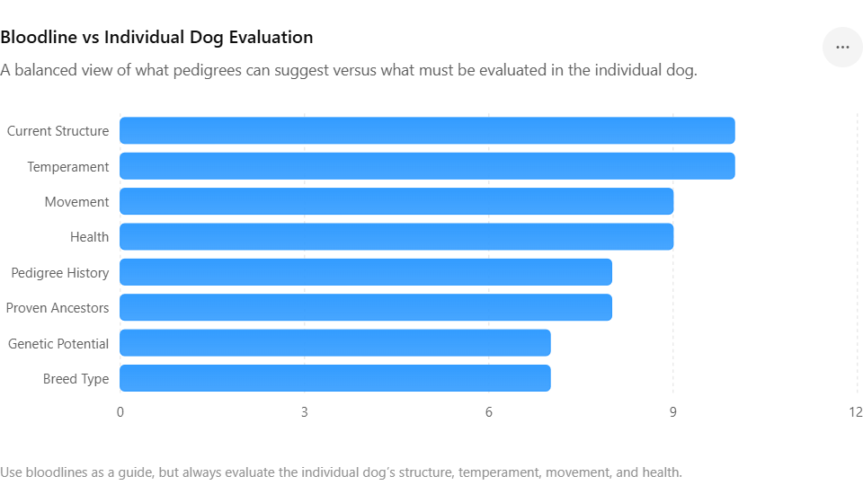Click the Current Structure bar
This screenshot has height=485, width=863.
click(x=427, y=130)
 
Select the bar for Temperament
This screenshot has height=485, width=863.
click(x=427, y=166)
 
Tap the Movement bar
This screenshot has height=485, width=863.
click(x=396, y=201)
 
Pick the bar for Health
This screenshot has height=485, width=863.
click(x=396, y=236)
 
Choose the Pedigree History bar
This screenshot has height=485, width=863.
click(x=366, y=272)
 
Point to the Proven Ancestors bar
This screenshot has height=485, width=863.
click(x=366, y=307)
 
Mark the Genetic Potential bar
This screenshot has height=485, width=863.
click(x=335, y=342)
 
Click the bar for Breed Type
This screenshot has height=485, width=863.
click(x=335, y=378)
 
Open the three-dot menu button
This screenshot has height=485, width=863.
click(x=842, y=48)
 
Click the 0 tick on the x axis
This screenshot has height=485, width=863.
click(x=120, y=412)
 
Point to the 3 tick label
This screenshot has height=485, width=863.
click(x=305, y=412)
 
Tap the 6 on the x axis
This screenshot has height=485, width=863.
click(x=489, y=412)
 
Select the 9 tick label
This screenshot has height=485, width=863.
click(x=672, y=412)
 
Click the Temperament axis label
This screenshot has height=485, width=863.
click(x=68, y=167)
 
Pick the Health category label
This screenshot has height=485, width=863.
click(x=89, y=237)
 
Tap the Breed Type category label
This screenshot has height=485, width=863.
click(x=76, y=379)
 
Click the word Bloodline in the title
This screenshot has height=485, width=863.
click(x=39, y=37)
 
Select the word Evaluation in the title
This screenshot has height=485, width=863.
click(x=271, y=37)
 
